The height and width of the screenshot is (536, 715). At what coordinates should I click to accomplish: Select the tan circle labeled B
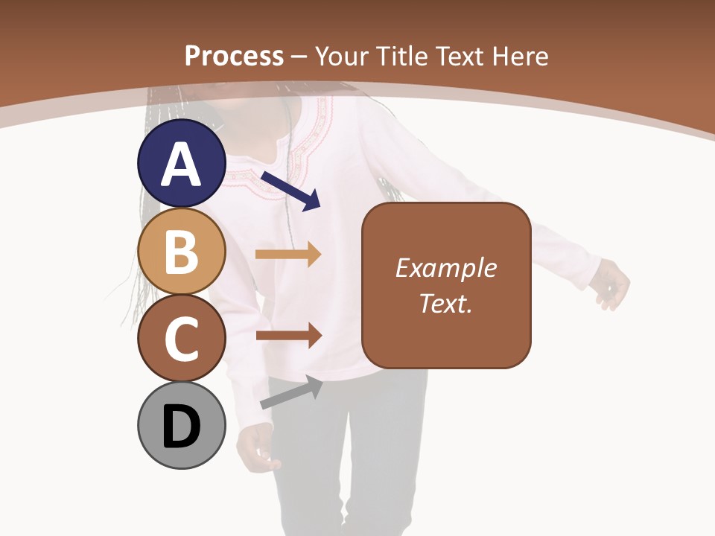coord(182,251)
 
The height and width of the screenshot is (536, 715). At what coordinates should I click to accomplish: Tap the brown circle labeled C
coord(182,338)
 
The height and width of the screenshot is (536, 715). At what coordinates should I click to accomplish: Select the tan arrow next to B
coord(288,255)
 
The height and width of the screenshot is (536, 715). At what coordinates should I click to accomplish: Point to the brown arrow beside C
coord(289,336)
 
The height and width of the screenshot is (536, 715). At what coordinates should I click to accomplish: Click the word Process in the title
coord(234,56)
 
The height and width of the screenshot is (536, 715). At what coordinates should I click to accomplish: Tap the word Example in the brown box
coord(446,268)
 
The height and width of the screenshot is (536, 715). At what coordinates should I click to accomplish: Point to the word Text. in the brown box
coord(446,303)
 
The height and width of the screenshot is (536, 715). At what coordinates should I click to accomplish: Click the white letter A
coord(182,165)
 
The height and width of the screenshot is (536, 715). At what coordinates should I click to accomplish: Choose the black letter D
coord(182,428)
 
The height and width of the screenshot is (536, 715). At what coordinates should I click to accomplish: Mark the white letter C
coord(182,339)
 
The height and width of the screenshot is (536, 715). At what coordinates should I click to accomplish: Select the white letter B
coord(182,252)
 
